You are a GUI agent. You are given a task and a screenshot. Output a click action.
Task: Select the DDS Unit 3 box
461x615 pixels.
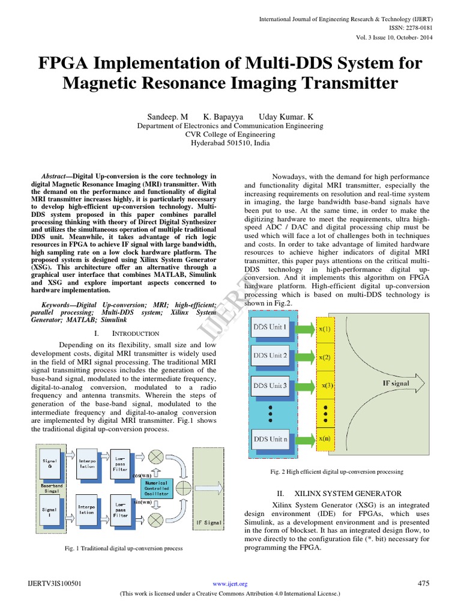pos(271,385)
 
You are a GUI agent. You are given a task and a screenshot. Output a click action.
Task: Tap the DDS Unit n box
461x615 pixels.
pos(271,439)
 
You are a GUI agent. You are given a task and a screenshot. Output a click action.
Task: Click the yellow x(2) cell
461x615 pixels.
pos(325,357)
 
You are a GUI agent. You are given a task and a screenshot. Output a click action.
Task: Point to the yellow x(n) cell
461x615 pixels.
pos(325,439)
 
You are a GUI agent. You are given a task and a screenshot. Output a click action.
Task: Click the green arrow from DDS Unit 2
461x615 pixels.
pos(303,357)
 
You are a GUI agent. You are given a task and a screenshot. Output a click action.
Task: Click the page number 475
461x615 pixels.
pos(424,583)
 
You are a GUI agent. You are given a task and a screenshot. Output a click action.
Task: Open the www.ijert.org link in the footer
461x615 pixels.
pos(230,584)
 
